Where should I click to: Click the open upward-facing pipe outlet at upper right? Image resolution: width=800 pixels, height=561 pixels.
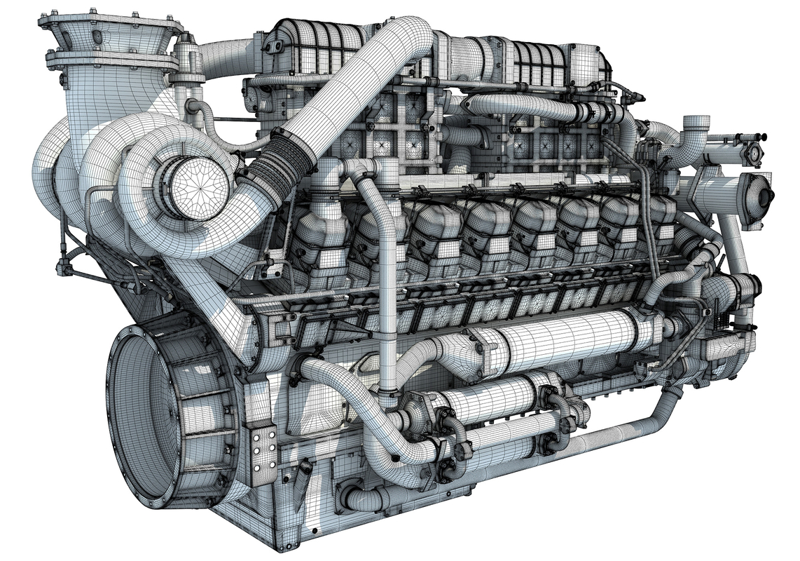[x=695, y=123]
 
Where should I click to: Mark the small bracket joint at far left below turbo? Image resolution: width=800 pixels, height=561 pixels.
[x=67, y=266]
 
